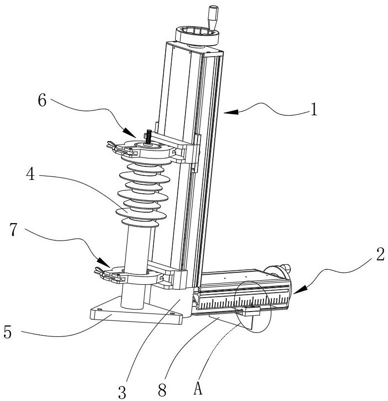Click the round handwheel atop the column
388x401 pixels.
click(x=197, y=36)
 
